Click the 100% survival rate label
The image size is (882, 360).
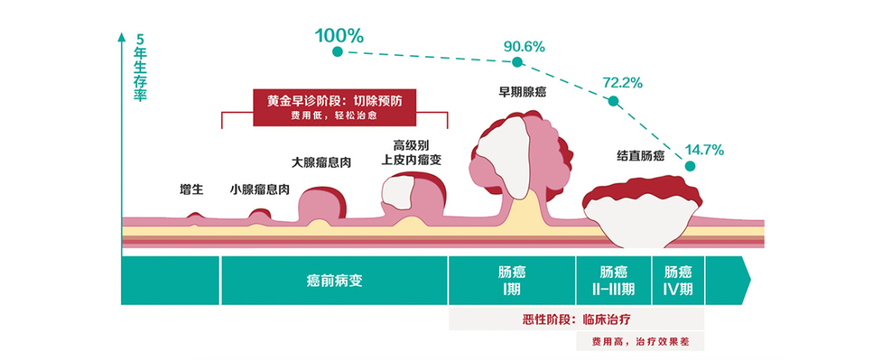339,36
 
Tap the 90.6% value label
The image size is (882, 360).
523,46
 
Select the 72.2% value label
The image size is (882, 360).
622,82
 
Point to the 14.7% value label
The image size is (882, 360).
704,149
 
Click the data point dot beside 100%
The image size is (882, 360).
337,52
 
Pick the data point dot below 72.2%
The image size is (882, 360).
612,101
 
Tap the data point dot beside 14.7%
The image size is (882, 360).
689,166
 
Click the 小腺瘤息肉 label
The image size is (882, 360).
260,189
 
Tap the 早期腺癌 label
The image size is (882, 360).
523,92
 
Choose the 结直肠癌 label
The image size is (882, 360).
640,155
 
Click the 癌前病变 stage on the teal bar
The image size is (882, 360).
335,281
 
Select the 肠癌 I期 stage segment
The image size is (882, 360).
512,281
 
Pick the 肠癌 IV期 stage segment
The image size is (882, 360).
678,281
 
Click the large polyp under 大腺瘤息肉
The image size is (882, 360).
322,203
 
